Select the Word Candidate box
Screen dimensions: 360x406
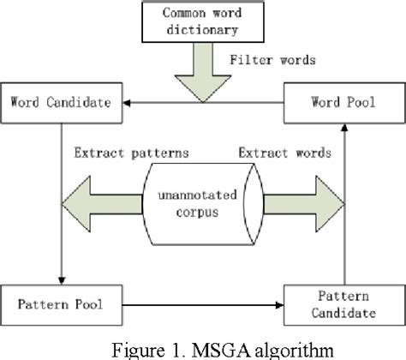[x=61, y=102]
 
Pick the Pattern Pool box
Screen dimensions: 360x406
[x=63, y=303]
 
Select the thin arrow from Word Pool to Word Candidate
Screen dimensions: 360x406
[x=206, y=103]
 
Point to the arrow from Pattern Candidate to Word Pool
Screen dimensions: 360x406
[x=344, y=206]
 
